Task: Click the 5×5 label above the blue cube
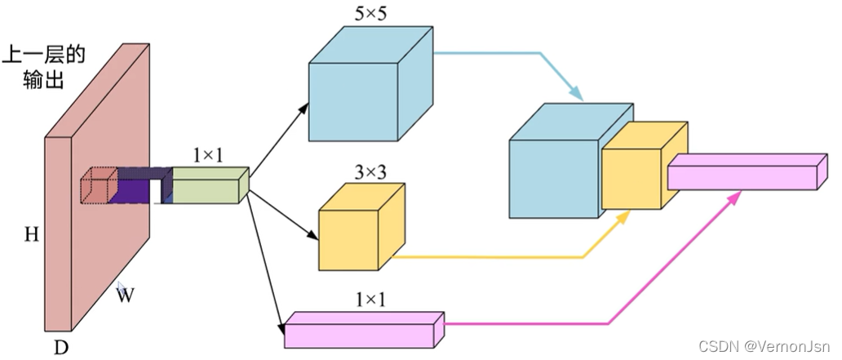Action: tap(370, 14)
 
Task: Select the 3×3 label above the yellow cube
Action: tap(370, 172)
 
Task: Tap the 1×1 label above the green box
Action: tap(208, 157)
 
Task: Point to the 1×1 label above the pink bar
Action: tap(370, 300)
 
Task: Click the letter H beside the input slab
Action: tap(32, 234)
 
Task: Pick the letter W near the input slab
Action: tap(125, 295)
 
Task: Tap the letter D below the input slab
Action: tap(62, 348)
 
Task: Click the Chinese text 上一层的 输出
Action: tap(43, 68)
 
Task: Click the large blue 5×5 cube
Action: tap(370, 84)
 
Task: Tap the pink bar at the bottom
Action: tap(364, 330)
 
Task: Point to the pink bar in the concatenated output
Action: tap(747, 172)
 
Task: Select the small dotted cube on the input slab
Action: tap(100, 185)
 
